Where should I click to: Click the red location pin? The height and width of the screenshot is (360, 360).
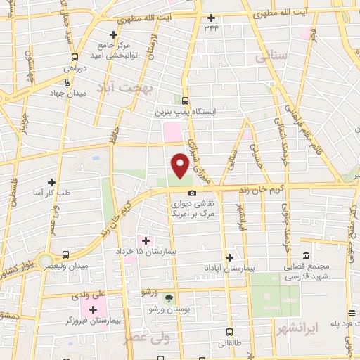click(x=181, y=165)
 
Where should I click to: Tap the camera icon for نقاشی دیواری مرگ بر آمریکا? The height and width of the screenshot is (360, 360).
click(x=191, y=193)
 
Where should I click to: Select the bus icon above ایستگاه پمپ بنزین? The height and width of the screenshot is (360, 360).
click(x=185, y=101)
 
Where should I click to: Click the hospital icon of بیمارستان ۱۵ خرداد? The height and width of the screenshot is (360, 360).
click(x=146, y=241)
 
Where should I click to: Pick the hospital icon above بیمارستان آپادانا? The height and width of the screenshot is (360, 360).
click(x=229, y=257)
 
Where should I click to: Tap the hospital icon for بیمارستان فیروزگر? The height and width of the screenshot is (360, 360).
click(x=94, y=309)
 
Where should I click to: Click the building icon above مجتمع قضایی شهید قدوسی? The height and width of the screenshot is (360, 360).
click(x=305, y=256)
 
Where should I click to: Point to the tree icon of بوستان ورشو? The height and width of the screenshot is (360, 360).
click(x=167, y=298)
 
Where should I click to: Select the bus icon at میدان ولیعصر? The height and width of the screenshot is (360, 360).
click(x=65, y=255)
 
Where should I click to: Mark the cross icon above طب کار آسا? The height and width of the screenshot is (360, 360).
click(x=51, y=181)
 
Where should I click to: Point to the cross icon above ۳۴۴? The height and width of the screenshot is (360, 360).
click(x=211, y=18)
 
